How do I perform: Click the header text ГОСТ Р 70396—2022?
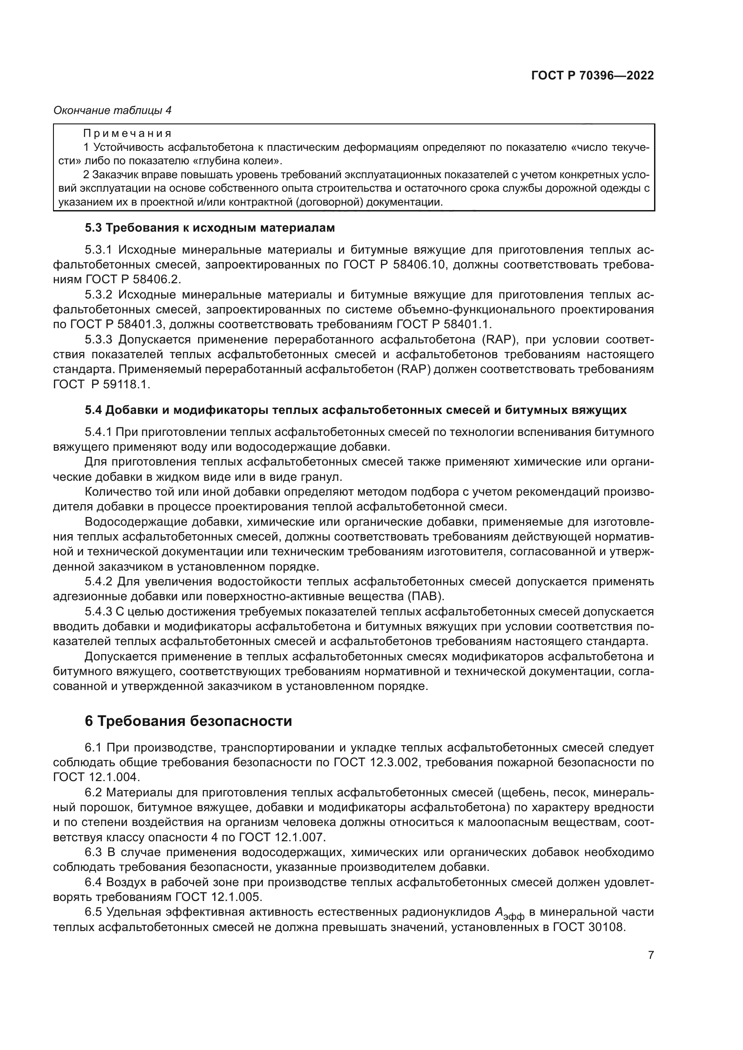coord(593,76)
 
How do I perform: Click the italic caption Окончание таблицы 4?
coord(113,110)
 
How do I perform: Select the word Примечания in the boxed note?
coord(127,133)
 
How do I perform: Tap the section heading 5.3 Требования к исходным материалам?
coord(210,228)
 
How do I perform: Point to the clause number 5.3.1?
coord(98,250)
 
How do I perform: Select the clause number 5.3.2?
coord(98,294)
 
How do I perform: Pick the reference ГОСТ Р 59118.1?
coord(102,385)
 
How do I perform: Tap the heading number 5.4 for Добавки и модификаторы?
coord(93,410)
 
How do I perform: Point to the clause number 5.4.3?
coord(98,612)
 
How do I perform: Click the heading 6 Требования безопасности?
coord(188,721)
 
